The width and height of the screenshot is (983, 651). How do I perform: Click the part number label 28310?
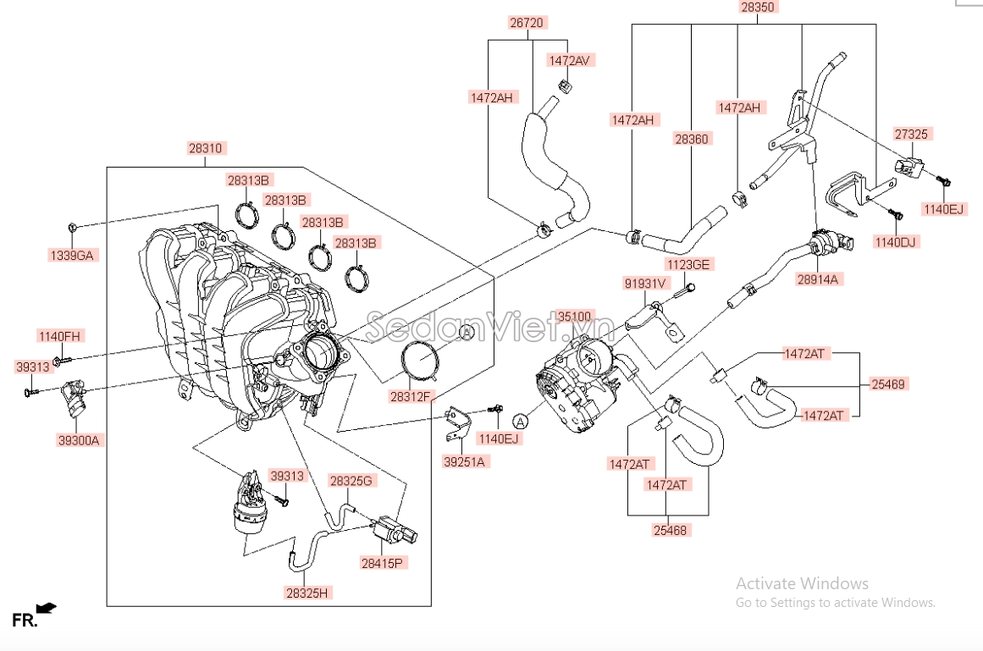tap(205, 148)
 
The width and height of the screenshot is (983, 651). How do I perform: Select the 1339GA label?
tap(72, 255)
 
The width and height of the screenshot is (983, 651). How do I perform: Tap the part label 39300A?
tap(78, 439)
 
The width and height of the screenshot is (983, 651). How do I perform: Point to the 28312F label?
tap(411, 395)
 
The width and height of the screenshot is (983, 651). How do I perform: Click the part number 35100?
tap(574, 317)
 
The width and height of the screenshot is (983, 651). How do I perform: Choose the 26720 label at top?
tap(526, 23)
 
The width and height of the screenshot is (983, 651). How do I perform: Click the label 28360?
tap(691, 138)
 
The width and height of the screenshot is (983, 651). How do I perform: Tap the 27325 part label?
tap(911, 134)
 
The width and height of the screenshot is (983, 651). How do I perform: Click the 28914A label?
tap(819, 279)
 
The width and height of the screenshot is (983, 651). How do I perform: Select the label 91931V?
tap(645, 284)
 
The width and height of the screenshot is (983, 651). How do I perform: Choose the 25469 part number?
tap(888, 383)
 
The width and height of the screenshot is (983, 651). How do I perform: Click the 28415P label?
tap(382, 562)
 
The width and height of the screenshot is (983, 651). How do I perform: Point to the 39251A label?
tap(464, 461)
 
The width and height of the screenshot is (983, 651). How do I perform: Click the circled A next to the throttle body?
tap(520, 421)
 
